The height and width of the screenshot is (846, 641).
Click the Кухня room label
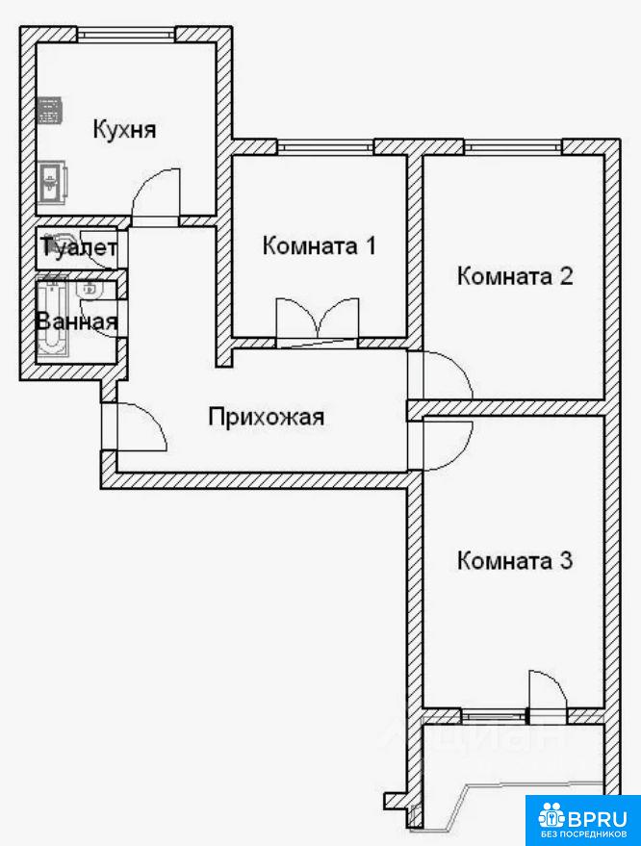pyautogui.click(x=125, y=130)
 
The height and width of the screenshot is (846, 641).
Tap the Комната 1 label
pyautogui.click(x=319, y=246)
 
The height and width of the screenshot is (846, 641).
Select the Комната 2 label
pyautogui.click(x=515, y=276)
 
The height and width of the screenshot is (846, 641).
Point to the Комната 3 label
pyautogui.click(x=515, y=560)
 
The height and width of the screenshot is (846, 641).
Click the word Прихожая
pyautogui.click(x=267, y=417)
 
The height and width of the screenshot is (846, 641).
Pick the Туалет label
pyautogui.click(x=79, y=247)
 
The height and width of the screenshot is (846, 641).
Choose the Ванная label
pyautogui.click(x=77, y=321)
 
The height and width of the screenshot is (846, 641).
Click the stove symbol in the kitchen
pyautogui.click(x=51, y=110)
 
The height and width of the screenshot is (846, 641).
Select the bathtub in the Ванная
pyautogui.click(x=52, y=319)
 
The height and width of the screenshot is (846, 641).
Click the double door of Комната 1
pyautogui.click(x=318, y=320)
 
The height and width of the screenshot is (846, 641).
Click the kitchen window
pyautogui.click(x=126, y=35)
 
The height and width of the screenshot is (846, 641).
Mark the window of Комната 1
pyautogui.click(x=325, y=146)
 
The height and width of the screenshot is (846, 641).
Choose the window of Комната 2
pyautogui.click(x=513, y=146)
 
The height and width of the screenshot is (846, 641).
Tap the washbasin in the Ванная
pyautogui.click(x=88, y=291)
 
